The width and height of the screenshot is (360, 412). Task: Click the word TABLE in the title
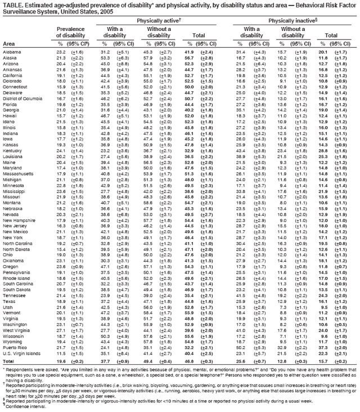click(x=13, y=5)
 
